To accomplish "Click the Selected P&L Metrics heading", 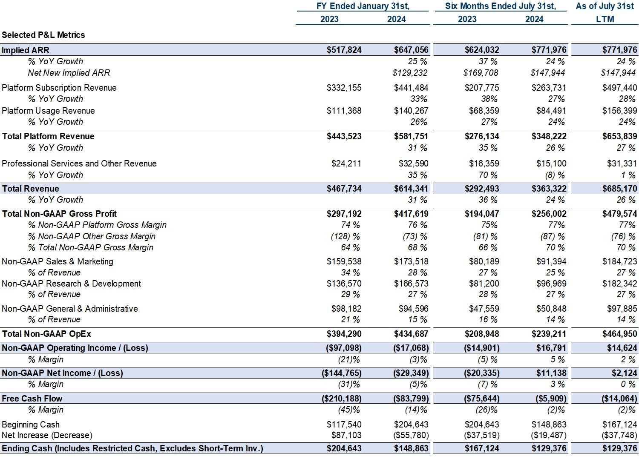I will (43, 35).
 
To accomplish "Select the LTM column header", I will (605, 19).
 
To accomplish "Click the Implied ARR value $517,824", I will (344, 50).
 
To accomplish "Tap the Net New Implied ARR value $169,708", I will (481, 73).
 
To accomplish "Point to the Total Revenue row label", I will (31, 189).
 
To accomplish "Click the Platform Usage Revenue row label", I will (48, 111).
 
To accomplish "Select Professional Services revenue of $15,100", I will (551, 164).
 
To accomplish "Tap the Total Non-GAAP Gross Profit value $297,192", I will (344, 214).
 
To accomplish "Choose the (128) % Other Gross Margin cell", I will (345, 236).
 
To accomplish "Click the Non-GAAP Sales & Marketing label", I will (58, 261).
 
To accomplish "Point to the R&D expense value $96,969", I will (551, 284).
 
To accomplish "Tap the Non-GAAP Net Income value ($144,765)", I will (341, 373).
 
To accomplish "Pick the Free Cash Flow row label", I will (32, 399).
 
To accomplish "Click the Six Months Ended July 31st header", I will (501, 6).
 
